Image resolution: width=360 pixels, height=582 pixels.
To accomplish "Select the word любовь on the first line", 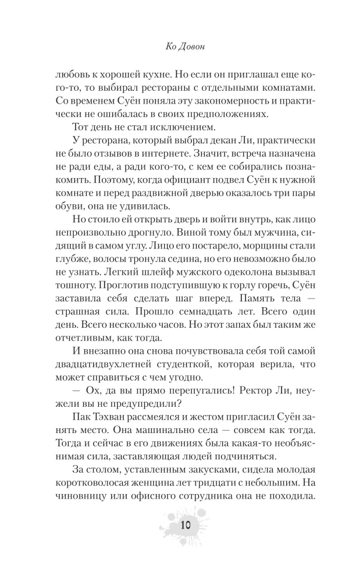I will point(75,76).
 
